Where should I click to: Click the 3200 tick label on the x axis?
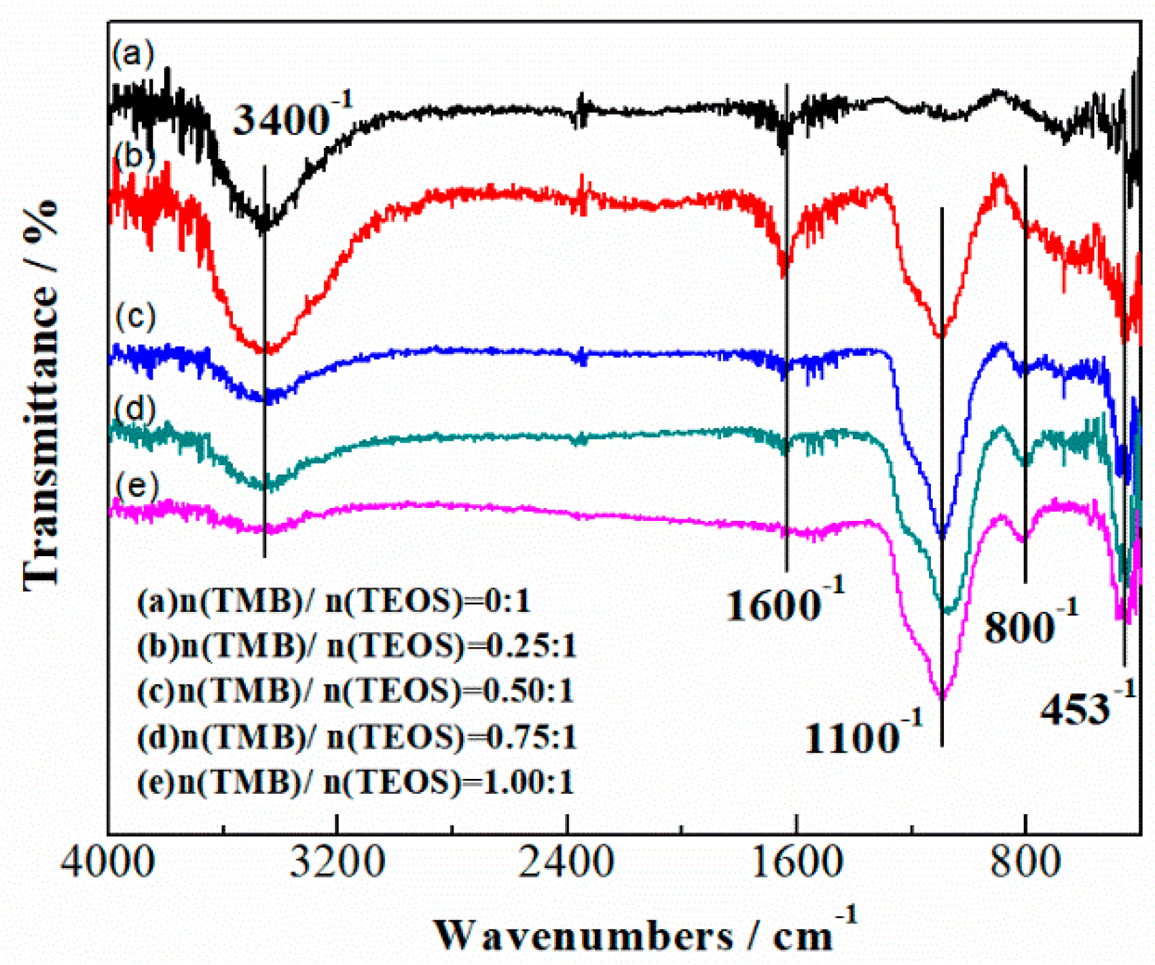[x=337, y=861]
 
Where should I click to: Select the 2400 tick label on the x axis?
[x=567, y=861]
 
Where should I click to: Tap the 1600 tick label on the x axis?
[x=796, y=861]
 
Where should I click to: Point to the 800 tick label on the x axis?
[x=1025, y=861]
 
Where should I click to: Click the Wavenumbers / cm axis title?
[x=644, y=934]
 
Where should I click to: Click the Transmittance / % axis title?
[x=41, y=394]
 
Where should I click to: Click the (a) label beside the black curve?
[x=133, y=54]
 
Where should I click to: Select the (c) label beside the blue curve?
[x=135, y=316]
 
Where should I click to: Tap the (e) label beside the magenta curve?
[x=136, y=485]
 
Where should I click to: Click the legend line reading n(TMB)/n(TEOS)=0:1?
[x=333, y=601]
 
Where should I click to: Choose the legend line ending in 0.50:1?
[x=355, y=691]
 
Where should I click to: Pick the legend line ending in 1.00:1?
[x=355, y=782]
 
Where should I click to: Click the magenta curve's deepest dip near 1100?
[x=942, y=696]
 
